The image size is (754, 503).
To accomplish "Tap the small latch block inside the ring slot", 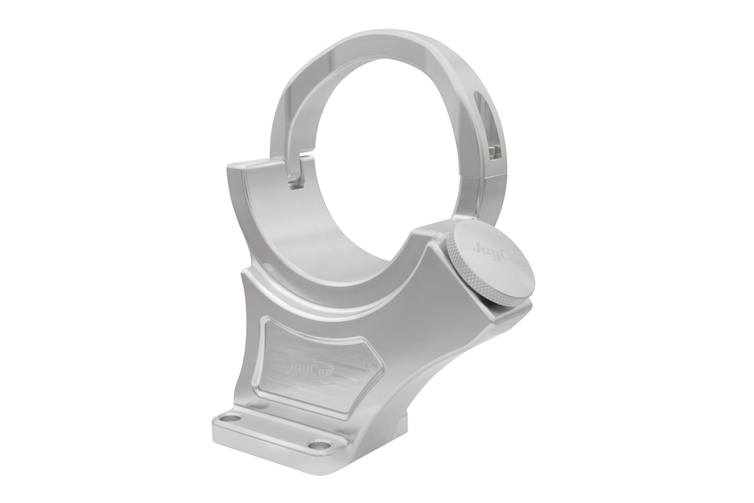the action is coord(493,153).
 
